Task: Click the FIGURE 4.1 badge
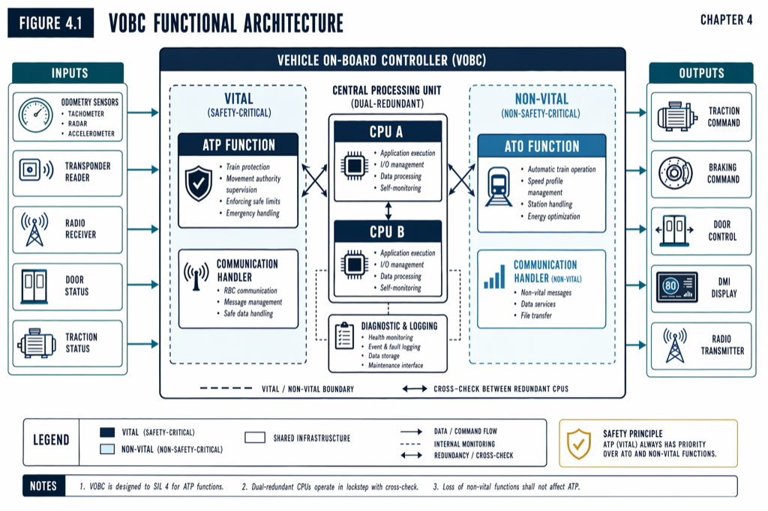pos(51,23)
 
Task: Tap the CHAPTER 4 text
pos(726,20)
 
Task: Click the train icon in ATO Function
pos(499,187)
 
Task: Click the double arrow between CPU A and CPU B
pos(388,211)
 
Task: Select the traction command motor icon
pos(677,117)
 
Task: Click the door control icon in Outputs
pos(676,230)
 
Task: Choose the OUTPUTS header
pos(700,73)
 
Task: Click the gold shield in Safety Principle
pos(577,444)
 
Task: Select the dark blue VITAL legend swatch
pos(107,432)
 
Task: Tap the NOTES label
pos(43,486)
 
